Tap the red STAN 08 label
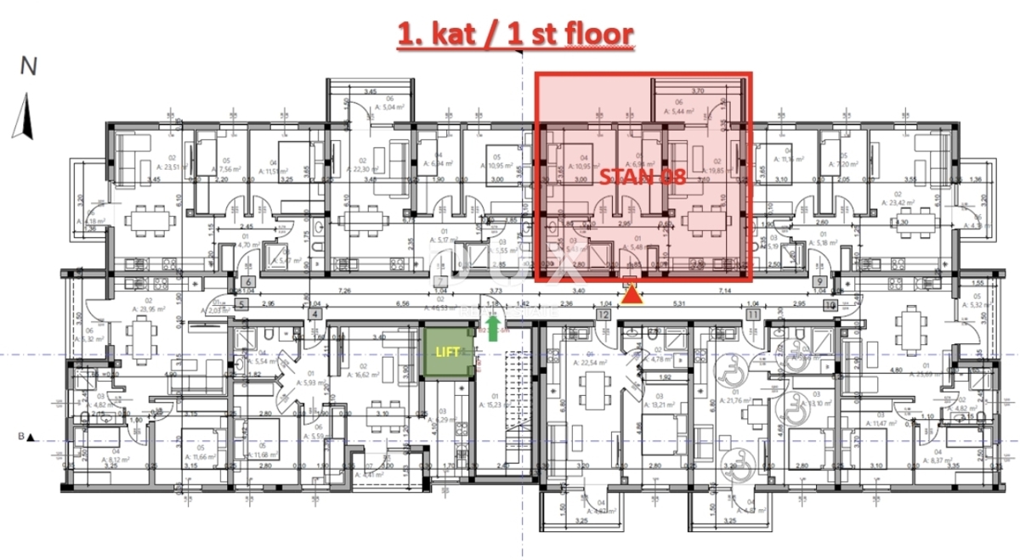point(643,178)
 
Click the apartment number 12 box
point(603,314)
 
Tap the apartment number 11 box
point(752,314)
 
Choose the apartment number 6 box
point(247,282)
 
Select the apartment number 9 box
point(819,282)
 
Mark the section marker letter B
point(19,437)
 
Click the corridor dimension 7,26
point(345,291)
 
